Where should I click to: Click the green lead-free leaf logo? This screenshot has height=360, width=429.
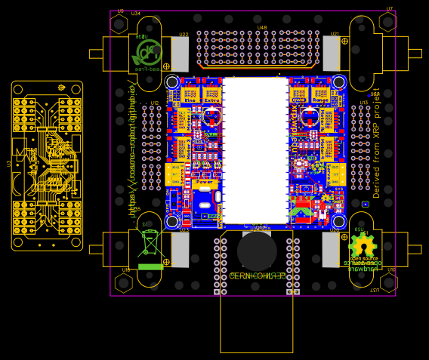click(x=148, y=53)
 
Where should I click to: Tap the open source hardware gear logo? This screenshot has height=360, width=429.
click(x=363, y=246)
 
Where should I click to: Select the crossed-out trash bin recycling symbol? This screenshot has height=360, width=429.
click(x=151, y=243)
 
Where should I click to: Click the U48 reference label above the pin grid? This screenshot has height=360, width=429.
click(x=261, y=28)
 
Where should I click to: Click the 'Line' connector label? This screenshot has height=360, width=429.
click(x=190, y=100)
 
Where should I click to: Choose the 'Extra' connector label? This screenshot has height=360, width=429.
click(x=211, y=100)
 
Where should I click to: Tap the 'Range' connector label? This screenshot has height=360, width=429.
click(x=320, y=100)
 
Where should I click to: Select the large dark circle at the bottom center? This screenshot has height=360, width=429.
click(x=257, y=251)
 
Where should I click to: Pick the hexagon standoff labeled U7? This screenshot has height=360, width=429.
click(x=388, y=23)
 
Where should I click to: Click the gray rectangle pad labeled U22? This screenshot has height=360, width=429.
click(x=180, y=54)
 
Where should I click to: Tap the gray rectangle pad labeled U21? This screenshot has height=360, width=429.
click(x=332, y=54)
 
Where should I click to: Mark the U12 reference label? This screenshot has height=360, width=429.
click(x=154, y=103)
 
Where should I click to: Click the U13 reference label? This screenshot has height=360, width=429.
click(x=363, y=103)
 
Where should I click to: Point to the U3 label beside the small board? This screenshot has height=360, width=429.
click(x=9, y=163)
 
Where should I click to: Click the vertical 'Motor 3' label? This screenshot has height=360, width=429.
click(x=327, y=119)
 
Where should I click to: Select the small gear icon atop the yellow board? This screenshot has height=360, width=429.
click(x=60, y=88)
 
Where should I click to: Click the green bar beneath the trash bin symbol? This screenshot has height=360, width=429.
click(x=151, y=266)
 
